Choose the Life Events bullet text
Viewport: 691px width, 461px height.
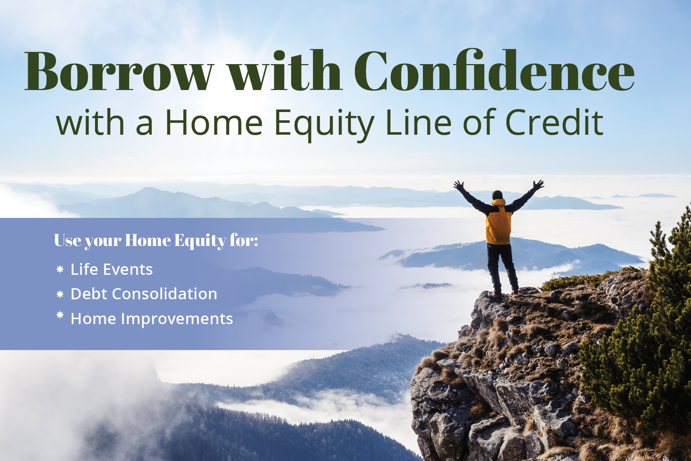(112, 269)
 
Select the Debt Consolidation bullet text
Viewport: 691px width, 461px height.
(144, 294)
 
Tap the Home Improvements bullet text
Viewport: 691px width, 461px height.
(152, 319)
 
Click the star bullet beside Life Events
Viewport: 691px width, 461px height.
(60, 269)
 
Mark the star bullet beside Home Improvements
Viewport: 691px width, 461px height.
(60, 315)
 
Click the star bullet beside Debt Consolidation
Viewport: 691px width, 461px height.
(60, 294)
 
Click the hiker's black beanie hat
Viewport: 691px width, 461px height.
(497, 195)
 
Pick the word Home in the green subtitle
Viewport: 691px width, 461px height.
(214, 122)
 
